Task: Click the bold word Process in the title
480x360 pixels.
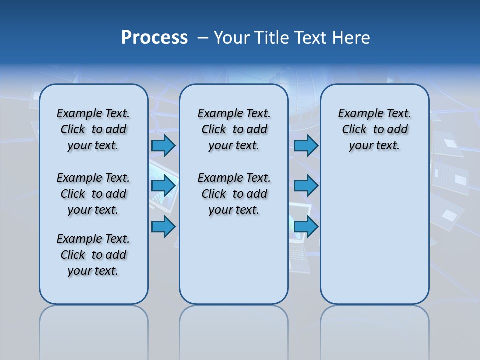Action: [154, 38]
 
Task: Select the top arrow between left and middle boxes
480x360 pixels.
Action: [163, 145]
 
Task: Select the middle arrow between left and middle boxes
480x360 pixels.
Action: [163, 186]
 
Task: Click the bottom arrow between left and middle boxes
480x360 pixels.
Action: [163, 227]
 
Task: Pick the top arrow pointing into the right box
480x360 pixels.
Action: [306, 145]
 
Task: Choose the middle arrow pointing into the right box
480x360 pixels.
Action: [306, 186]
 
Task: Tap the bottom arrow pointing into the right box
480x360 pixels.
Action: [306, 227]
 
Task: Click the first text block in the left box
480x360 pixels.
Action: [93, 129]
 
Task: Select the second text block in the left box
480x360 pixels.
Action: [93, 194]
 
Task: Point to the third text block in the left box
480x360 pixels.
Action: [93, 255]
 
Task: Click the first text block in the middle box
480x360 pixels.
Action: [234, 129]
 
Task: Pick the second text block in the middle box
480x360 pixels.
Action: [234, 194]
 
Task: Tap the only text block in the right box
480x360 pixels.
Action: [375, 129]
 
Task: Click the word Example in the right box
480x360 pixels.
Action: [358, 114]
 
